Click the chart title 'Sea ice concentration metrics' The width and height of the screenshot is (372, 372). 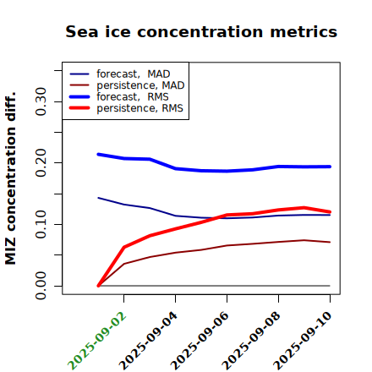click(201, 31)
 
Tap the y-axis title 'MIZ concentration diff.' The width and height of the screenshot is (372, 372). click(10, 178)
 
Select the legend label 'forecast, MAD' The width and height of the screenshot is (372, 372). click(134, 74)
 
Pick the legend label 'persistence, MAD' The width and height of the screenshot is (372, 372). click(140, 85)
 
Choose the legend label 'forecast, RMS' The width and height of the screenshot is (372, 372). click(133, 96)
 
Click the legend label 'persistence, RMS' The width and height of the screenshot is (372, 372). click(139, 108)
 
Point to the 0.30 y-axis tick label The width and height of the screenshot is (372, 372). click(41, 101)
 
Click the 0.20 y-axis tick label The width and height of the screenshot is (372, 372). click(41, 163)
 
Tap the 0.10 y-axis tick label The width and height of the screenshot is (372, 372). click(41, 224)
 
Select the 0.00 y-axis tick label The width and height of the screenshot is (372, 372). click(41, 286)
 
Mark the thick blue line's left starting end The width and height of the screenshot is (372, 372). click(98, 155)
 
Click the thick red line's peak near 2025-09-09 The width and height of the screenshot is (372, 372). click(304, 208)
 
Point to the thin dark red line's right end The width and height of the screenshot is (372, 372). click(330, 242)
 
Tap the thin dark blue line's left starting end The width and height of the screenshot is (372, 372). click(98, 198)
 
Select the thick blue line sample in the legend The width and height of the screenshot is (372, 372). click(79, 96)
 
